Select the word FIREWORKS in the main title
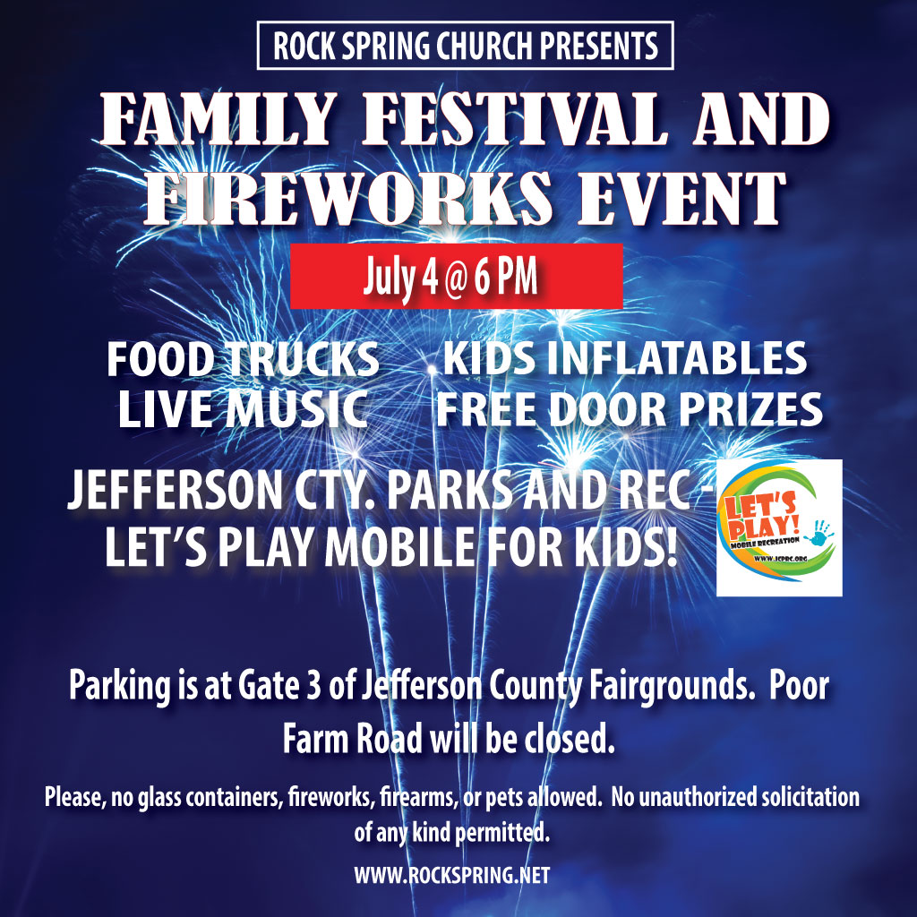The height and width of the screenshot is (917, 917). pos(348,198)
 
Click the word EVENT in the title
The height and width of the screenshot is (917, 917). pos(681,198)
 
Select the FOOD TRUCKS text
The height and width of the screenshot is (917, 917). pos(243,359)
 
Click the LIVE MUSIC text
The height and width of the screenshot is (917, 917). pos(243,408)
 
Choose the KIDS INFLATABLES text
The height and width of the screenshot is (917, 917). pos(624,358)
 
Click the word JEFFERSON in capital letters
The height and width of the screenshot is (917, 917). pos(176,490)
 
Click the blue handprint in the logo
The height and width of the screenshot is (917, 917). pos(818,532)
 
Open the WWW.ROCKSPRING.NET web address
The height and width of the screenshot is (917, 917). pos(452,875)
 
